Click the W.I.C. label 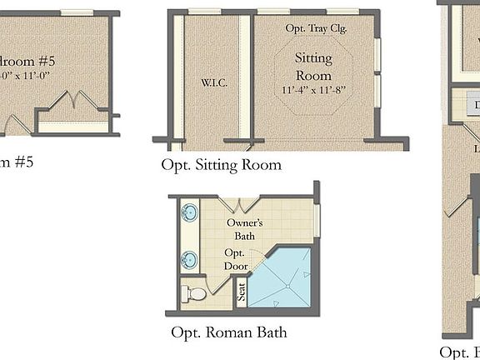[x=214, y=83]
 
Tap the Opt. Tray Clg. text [x=316, y=27]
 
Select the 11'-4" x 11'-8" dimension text [x=313, y=88]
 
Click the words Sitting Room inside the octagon [x=313, y=66]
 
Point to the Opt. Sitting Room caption [x=221, y=164]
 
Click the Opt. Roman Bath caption [x=228, y=332]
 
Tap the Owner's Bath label [x=245, y=230]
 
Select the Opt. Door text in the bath [x=234, y=259]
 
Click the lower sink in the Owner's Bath [x=190, y=259]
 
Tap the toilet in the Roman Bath [x=194, y=293]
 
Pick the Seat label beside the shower [x=242, y=292]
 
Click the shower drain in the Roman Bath [x=288, y=284]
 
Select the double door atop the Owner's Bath [x=242, y=204]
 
